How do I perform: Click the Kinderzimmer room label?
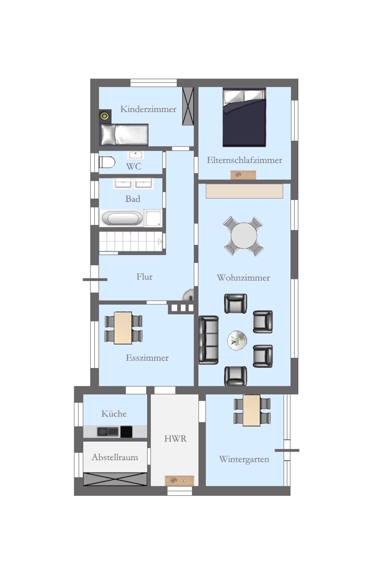tap(148, 109)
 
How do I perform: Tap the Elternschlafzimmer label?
tap(244, 160)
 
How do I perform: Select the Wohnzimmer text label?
tap(244, 278)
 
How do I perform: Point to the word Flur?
tap(144, 277)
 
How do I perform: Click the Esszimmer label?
tap(147, 358)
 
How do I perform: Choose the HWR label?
tap(176, 438)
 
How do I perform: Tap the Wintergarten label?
tap(244, 460)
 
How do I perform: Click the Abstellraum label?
tap(115, 457)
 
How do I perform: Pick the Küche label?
tap(114, 414)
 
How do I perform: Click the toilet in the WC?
tap(107, 162)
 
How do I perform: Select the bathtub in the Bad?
tap(122, 219)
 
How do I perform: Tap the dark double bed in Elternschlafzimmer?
tap(244, 118)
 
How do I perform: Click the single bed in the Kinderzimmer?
tap(124, 135)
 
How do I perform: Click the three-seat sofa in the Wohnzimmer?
tap(209, 340)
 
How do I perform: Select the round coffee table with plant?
tap(237, 340)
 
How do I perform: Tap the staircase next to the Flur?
tap(131, 241)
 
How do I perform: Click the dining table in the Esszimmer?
tap(123, 328)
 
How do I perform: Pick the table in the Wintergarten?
tap(252, 411)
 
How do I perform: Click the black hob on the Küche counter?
tap(126, 432)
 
